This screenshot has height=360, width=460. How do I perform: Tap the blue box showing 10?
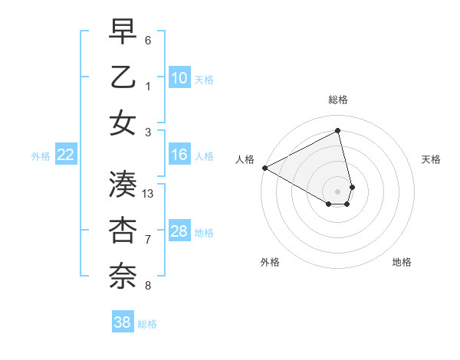(179, 77)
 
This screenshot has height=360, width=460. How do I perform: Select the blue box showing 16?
(179, 155)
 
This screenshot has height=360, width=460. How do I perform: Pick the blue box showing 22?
(66, 155)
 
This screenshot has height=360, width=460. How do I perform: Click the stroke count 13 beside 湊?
(148, 193)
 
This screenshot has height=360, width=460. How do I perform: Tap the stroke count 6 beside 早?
(148, 39)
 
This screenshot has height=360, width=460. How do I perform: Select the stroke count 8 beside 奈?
(148, 286)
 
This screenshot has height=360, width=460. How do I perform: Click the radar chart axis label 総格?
(337, 100)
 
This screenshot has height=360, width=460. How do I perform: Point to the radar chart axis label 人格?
(245, 159)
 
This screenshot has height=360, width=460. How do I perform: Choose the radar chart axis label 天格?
(432, 159)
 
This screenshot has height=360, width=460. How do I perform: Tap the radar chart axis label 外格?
(270, 262)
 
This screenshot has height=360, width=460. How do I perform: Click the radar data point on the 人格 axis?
(264, 168)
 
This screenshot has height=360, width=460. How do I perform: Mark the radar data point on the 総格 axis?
(338, 131)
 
